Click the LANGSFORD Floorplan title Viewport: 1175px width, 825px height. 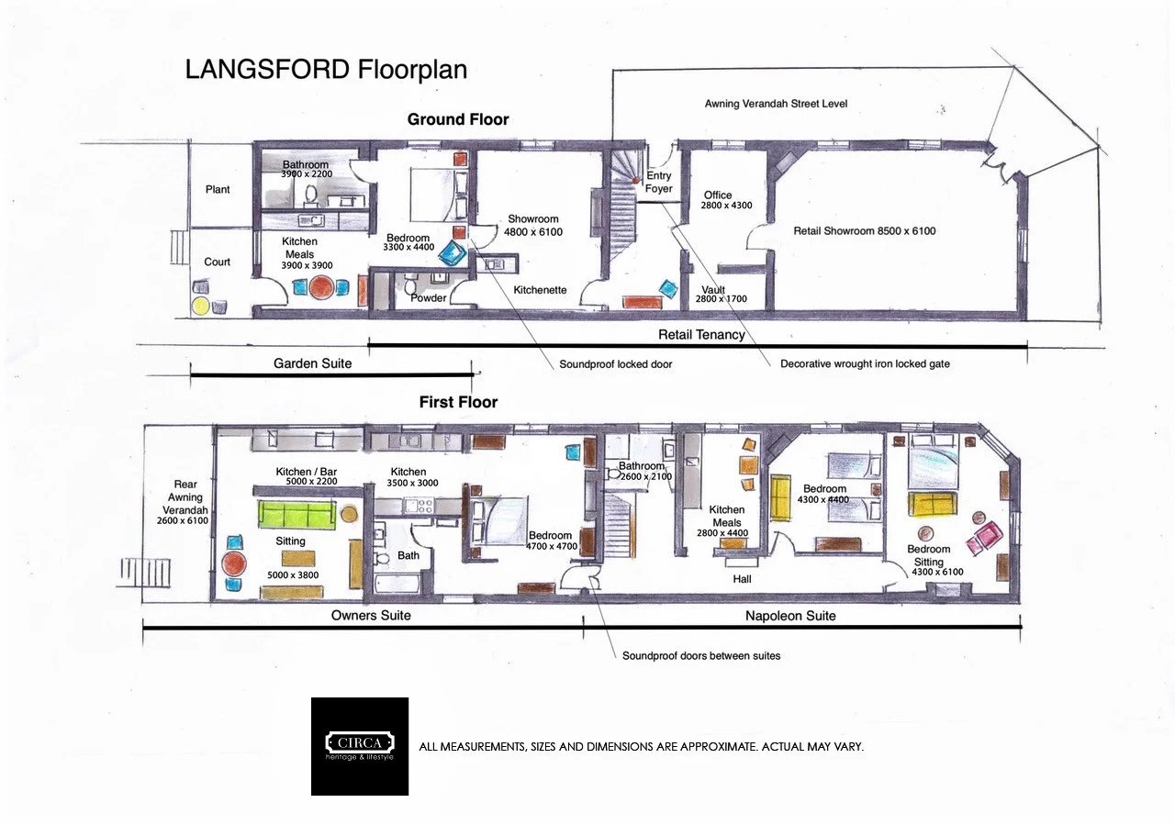pos(326,70)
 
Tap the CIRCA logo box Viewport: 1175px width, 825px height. pos(360,746)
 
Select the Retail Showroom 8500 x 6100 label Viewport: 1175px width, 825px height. pos(865,231)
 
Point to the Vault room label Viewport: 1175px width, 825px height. pos(713,290)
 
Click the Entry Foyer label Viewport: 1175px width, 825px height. pos(659,182)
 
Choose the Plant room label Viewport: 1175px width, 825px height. pos(218,190)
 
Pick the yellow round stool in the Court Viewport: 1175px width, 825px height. pos(200,305)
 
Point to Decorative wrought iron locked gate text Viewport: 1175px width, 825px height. pos(865,364)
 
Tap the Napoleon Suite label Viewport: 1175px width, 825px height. pos(790,616)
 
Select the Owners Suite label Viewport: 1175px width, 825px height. pos(371,615)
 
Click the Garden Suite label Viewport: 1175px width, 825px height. pos(312,363)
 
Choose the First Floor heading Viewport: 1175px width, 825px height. pos(458,402)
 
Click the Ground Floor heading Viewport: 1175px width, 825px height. pos(458,119)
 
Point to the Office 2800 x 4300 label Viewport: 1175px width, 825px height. pos(726,200)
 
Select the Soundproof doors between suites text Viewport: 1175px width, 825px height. pos(701,656)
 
